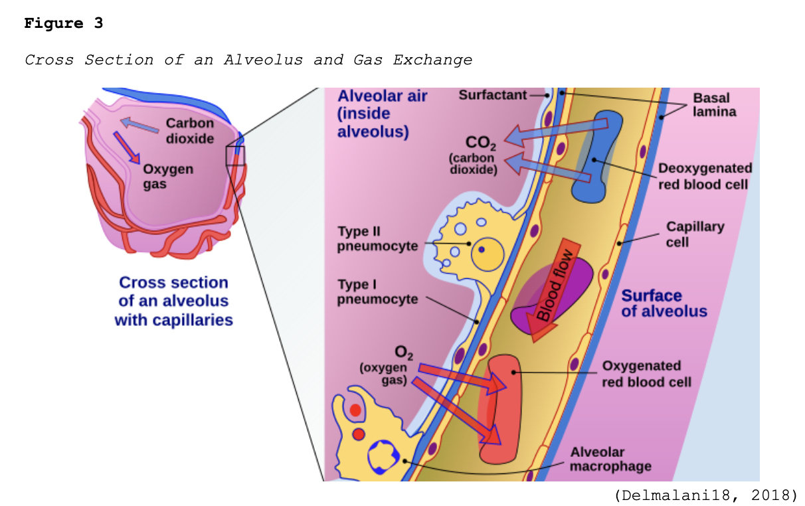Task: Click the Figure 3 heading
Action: [64, 24]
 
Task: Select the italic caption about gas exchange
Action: [248, 60]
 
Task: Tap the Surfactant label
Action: [492, 95]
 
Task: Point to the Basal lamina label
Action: [714, 105]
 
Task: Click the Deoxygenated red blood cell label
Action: [705, 176]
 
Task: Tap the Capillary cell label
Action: [695, 234]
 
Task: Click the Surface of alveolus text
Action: [664, 303]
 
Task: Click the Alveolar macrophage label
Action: [610, 459]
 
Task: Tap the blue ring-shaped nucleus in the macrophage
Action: [382, 458]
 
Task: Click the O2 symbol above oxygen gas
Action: [404, 353]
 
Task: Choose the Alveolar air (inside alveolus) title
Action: [382, 113]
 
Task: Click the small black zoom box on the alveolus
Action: [235, 155]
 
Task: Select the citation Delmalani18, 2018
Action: [706, 495]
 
